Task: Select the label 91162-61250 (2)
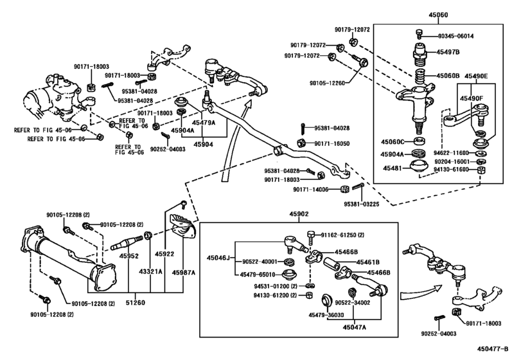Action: pyautogui.click(x=342, y=236)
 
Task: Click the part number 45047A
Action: pyautogui.click(x=354, y=327)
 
